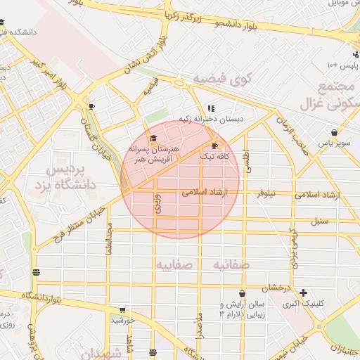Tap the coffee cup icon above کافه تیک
tap(214, 146)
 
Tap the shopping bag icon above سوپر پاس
tap(334, 131)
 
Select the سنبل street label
tap(320, 221)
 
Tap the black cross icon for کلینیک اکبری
tap(303, 292)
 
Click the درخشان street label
tap(276, 288)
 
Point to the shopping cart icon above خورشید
tap(122, 309)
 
